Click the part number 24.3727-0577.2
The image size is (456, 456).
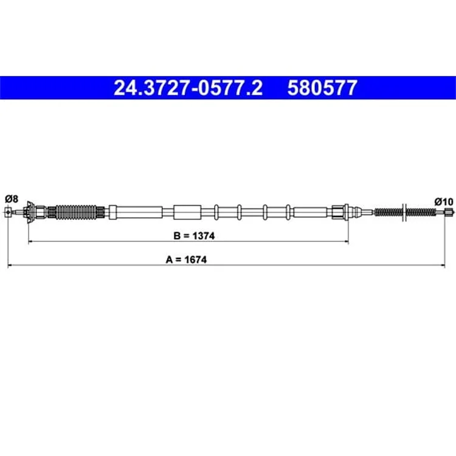coord(188,88)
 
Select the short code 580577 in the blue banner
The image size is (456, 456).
coord(322,88)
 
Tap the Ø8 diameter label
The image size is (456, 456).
coord(12,199)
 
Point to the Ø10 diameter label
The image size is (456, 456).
coord(444,201)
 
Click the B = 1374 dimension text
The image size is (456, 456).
coord(194,236)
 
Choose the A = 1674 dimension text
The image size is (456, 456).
coord(186,260)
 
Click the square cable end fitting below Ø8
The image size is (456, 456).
coord(9,212)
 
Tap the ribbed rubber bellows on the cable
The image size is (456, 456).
coord(76,212)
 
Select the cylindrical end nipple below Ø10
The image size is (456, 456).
coord(449,213)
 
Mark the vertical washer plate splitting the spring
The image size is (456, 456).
coord(404,212)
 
